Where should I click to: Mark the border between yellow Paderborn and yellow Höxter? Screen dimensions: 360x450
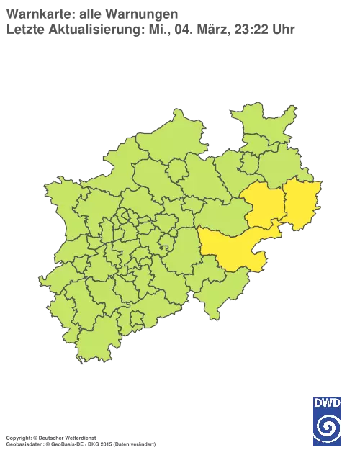pos(283,204)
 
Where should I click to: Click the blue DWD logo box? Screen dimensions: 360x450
pos(328,415)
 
